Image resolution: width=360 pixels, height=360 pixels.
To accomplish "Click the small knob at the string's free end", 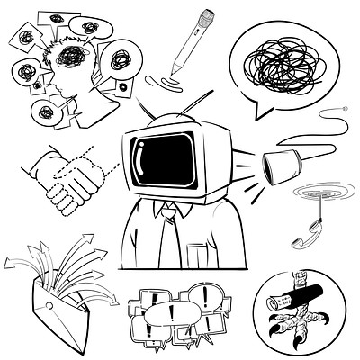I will (345, 109).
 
